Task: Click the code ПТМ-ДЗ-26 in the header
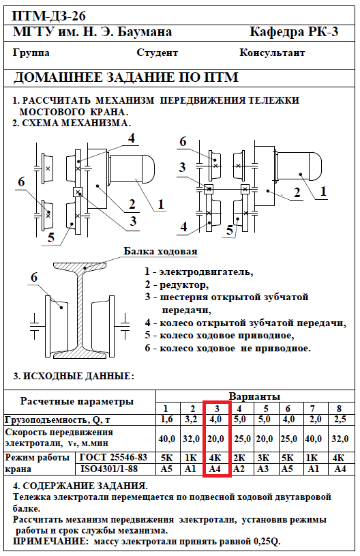click(x=49, y=16)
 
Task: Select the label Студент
click(x=157, y=53)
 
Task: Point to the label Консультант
click(x=272, y=53)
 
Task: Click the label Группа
click(x=31, y=53)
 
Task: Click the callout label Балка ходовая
click(x=160, y=251)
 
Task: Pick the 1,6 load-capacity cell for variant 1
click(x=167, y=420)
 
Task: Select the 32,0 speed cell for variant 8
click(x=340, y=439)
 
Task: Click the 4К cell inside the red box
click(x=215, y=458)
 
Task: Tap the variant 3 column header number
click(x=217, y=409)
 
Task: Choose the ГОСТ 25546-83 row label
click(x=113, y=457)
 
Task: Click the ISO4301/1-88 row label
click(x=109, y=469)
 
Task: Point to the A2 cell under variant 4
click(x=239, y=469)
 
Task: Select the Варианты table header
click(x=254, y=396)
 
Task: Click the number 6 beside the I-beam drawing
click(x=34, y=277)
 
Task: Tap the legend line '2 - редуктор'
click(x=177, y=284)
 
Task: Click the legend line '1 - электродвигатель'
click(x=199, y=272)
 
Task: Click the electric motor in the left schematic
click(x=132, y=167)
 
